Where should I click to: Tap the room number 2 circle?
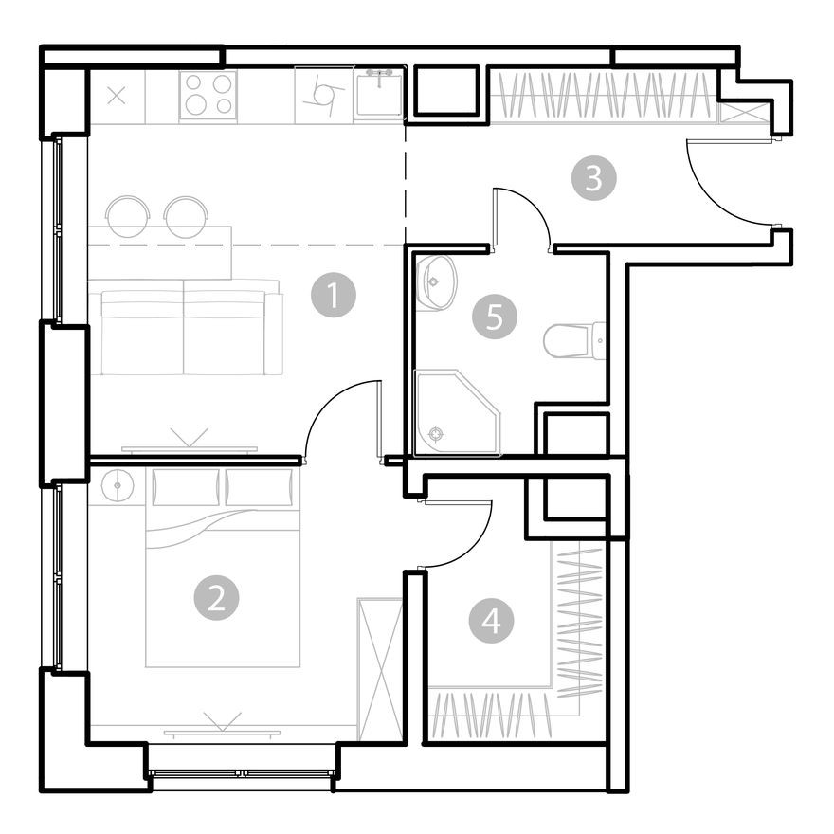point(216,598)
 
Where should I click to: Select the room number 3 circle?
point(593,178)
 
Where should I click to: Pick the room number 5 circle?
point(495,317)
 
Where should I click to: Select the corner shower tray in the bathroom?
point(456,412)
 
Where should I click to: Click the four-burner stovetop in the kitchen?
point(208,95)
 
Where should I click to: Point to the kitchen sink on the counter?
point(380,93)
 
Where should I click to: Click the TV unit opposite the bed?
point(222,731)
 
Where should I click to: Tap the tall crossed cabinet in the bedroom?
point(380,668)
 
